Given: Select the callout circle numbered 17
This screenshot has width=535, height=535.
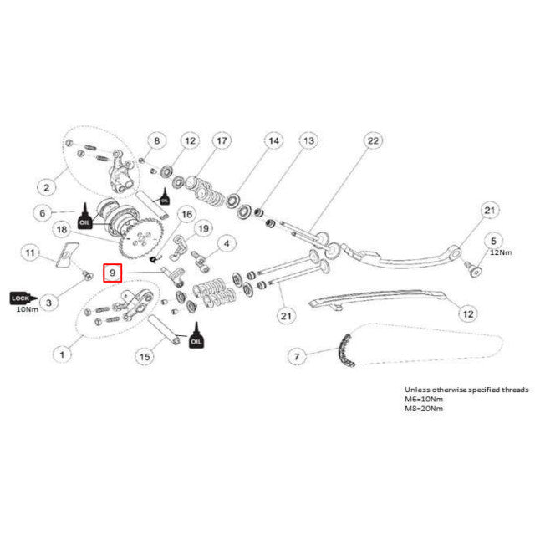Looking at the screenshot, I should (221, 142).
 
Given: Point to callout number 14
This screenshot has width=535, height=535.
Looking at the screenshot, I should (273, 142).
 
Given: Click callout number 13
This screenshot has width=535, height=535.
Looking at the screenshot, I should (309, 142).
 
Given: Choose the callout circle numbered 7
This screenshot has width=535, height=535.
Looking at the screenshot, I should (294, 357).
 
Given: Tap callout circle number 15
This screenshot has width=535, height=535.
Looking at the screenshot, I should (145, 357).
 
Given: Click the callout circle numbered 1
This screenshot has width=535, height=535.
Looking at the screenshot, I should (60, 354).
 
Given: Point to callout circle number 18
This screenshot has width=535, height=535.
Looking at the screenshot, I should (60, 229).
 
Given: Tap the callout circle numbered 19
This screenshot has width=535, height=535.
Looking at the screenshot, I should (202, 229).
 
